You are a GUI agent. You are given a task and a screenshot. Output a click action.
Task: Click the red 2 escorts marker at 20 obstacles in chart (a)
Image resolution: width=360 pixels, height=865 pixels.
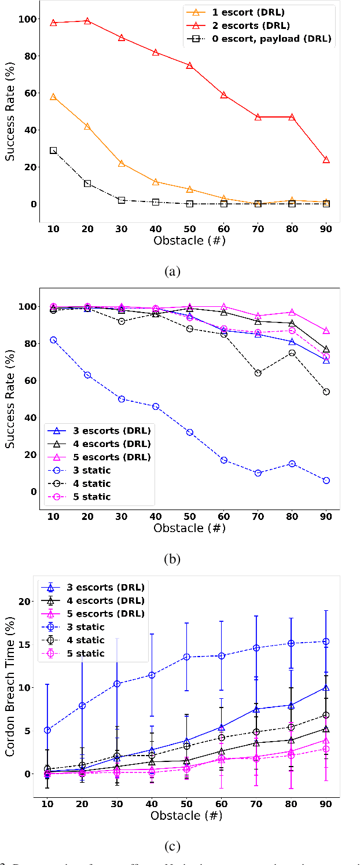87,21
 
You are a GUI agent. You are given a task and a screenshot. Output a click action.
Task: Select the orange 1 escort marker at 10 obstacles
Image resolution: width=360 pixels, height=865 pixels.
53,97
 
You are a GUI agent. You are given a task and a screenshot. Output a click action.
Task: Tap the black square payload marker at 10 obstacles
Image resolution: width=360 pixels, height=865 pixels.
53,150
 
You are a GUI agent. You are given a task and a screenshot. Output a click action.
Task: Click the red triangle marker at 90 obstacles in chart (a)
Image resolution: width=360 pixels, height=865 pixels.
326,159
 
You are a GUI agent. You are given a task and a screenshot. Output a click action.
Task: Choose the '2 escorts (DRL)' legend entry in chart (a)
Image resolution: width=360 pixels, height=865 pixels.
258,25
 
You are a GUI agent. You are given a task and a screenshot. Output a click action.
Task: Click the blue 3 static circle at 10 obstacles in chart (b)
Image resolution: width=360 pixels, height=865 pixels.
53,340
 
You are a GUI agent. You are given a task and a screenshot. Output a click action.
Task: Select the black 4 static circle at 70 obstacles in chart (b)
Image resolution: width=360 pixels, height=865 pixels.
258,373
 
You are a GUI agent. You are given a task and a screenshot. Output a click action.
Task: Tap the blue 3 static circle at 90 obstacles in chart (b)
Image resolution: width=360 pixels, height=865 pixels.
326,481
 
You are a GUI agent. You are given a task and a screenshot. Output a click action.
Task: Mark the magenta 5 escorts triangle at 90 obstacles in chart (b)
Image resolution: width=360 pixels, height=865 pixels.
326,331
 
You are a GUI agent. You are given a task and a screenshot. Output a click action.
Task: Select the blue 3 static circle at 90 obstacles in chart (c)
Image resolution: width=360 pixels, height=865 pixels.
326,641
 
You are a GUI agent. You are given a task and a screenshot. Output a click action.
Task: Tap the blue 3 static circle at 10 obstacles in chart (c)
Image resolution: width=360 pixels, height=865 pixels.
47,730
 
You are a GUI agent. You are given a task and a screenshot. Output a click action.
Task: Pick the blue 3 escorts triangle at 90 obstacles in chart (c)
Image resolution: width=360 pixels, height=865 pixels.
326,688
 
